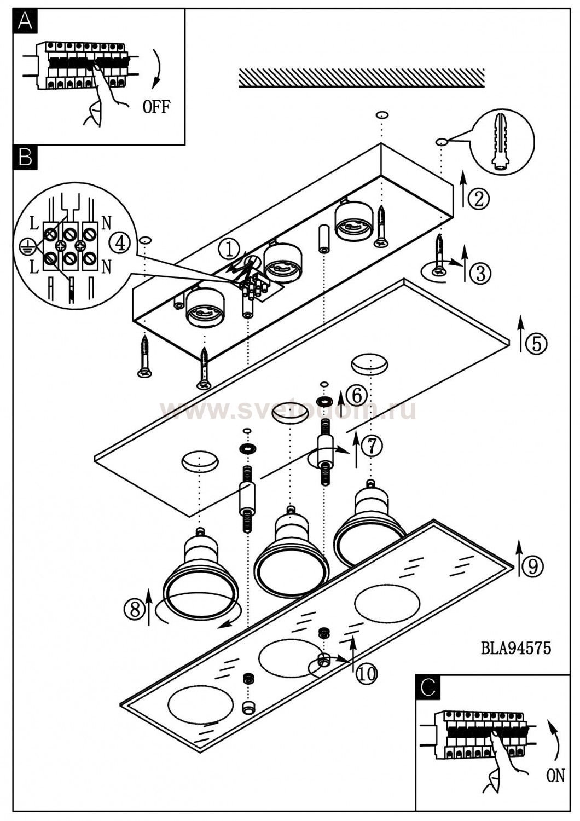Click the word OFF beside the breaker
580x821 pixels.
156,107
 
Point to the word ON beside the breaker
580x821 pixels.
555,776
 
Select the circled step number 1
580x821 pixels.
229,250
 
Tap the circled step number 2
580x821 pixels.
479,199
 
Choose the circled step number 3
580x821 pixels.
480,273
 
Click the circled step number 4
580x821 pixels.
120,242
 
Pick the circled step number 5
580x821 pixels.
536,343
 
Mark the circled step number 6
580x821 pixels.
356,394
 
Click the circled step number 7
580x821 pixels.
372,446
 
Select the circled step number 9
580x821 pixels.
532,566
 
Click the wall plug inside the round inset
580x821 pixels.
501,142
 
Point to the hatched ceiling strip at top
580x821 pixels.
362,78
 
